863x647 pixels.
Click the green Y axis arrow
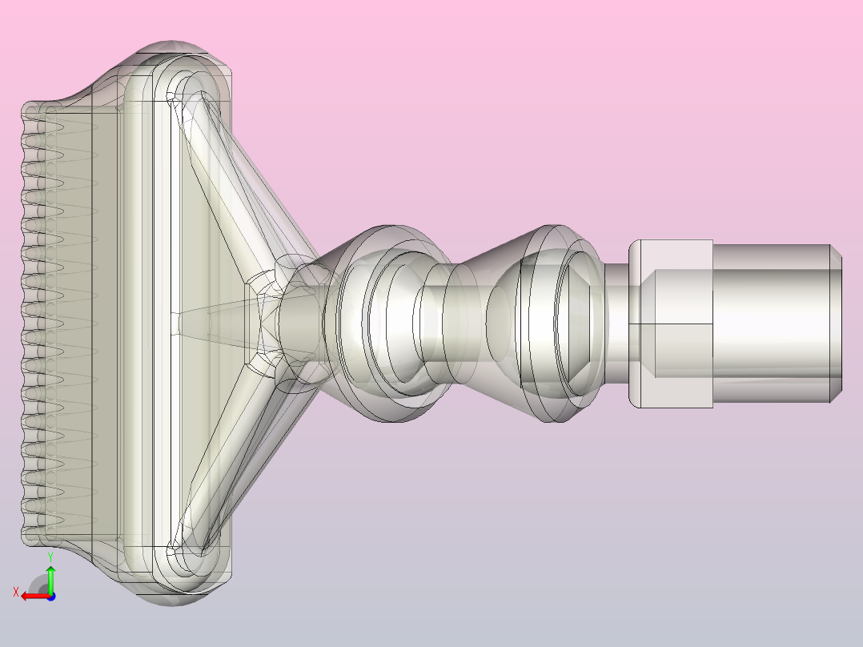pyautogui.click(x=50, y=578)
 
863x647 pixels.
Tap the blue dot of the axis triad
pyautogui.click(x=51, y=597)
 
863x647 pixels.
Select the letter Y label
pyautogui.click(x=50, y=557)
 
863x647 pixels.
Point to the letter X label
pyautogui.click(x=16, y=593)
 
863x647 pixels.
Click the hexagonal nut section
pyautogui.click(x=671, y=323)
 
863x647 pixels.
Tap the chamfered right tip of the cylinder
pyautogui.click(x=836, y=323)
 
